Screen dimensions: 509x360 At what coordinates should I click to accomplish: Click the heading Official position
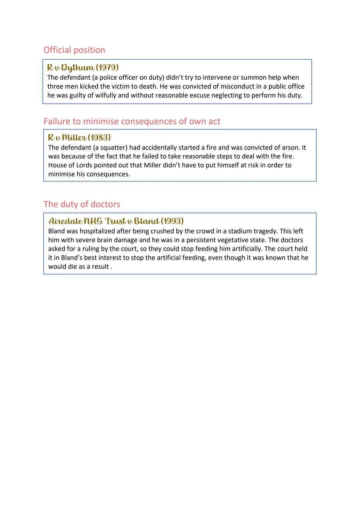(74, 50)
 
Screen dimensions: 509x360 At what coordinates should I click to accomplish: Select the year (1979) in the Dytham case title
(107, 68)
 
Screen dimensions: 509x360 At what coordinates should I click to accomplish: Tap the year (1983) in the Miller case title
(99, 138)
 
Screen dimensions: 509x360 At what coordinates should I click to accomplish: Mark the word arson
(288, 148)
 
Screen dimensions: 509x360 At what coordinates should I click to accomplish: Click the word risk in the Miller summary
(254, 166)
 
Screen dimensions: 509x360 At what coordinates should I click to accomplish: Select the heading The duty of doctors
(82, 204)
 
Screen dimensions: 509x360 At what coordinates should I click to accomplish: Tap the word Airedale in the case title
(65, 221)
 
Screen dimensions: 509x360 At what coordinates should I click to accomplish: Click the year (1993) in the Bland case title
(172, 221)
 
